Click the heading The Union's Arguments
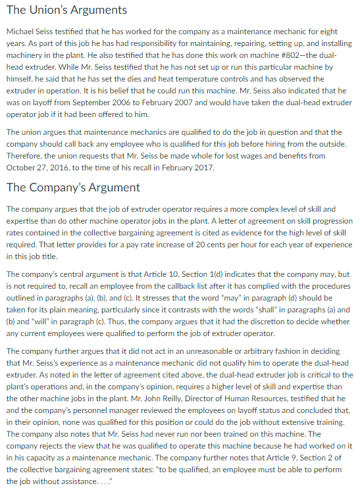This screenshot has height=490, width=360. click(x=66, y=11)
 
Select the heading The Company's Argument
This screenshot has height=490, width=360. click(x=72, y=187)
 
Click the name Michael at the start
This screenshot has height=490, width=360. click(x=21, y=32)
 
